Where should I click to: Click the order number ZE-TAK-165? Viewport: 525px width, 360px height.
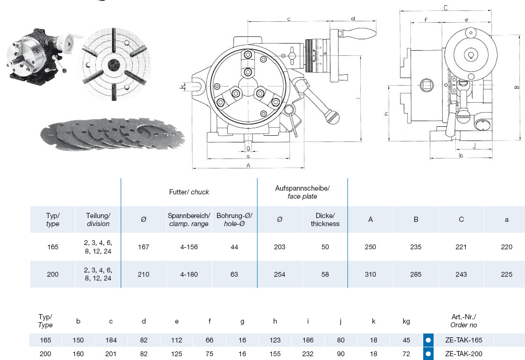464,340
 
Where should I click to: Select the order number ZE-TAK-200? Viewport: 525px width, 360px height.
464,353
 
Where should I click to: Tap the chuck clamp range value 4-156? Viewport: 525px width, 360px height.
189,247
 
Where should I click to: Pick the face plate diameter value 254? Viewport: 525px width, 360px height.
280,274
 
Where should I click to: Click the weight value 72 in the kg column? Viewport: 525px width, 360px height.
406,353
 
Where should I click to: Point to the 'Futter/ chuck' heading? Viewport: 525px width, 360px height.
189,192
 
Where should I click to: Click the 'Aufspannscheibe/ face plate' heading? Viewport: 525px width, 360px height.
303,192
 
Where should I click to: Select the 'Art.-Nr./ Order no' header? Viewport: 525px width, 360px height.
464,321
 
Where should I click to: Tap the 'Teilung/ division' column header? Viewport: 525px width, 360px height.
98,220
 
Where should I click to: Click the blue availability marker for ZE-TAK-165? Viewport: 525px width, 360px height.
428,340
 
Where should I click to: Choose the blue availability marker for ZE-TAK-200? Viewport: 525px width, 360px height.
428,353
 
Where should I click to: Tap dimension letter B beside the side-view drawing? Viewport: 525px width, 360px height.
517,87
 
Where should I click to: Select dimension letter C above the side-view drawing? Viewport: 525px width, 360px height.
445,8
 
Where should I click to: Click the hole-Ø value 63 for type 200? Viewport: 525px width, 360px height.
234,274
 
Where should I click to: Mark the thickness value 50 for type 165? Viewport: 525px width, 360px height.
325,247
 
